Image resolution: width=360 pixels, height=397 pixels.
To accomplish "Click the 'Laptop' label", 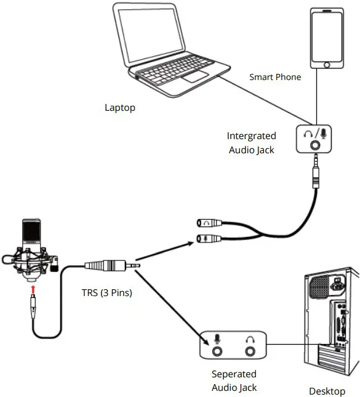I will tap(119, 108).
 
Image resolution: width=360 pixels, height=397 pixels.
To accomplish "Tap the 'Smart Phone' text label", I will tap(275, 77).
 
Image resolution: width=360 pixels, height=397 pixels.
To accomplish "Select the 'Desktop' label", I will tap(327, 391).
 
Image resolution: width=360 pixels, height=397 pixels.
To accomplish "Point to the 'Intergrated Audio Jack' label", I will tap(251, 142).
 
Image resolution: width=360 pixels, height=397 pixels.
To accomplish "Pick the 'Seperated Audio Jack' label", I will tap(234, 380).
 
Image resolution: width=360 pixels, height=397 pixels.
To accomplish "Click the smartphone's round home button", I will tap(327, 63).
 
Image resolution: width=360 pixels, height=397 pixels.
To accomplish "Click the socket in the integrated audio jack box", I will tap(316, 145).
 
